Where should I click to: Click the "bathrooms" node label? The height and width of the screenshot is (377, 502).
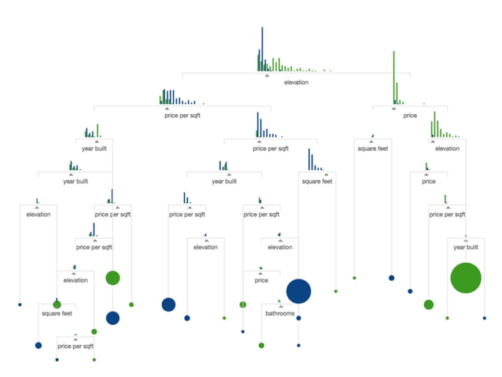(x=279, y=313)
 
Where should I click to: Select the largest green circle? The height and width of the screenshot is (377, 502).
(x=466, y=278)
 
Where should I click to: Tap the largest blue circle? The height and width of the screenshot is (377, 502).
(x=298, y=291)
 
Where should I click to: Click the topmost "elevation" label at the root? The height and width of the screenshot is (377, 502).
(x=296, y=82)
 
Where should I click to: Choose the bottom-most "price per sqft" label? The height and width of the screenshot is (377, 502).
(x=75, y=346)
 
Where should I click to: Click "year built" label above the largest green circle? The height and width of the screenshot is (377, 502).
(x=466, y=246)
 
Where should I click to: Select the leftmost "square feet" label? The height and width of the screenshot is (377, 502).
(x=57, y=313)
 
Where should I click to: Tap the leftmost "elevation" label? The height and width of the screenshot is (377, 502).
(x=38, y=213)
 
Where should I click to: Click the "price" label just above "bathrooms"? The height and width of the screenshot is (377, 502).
(x=261, y=279)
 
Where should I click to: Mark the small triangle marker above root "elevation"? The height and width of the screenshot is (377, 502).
(x=267, y=76)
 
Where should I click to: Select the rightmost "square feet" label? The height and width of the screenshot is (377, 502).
(x=372, y=147)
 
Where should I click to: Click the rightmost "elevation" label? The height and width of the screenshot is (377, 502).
(x=447, y=147)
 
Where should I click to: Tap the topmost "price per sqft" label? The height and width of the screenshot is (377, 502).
(x=182, y=115)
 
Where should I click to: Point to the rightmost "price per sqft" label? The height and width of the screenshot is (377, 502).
(x=447, y=213)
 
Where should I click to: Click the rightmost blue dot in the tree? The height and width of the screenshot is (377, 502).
(x=485, y=317)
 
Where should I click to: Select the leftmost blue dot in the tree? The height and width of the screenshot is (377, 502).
(x=19, y=304)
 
